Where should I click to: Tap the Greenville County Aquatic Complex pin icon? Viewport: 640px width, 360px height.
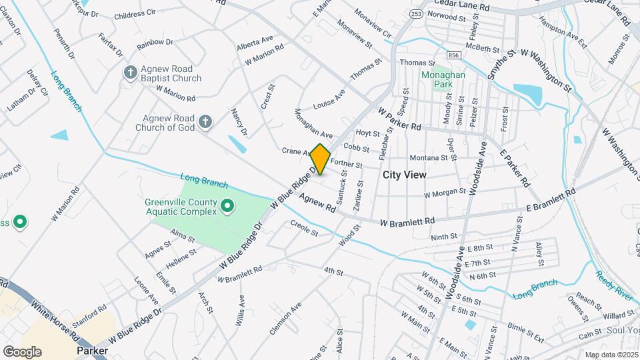pyautogui.click(x=227, y=207)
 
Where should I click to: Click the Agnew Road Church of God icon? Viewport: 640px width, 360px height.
pyautogui.click(x=206, y=121)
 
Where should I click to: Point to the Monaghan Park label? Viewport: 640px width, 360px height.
pyautogui.click(x=443, y=81)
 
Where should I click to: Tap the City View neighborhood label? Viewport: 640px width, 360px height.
pyautogui.click(x=404, y=175)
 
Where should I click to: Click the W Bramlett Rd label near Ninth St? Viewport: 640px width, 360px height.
pyautogui.click(x=407, y=221)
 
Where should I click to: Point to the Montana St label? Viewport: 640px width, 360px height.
pyautogui.click(x=428, y=158)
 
